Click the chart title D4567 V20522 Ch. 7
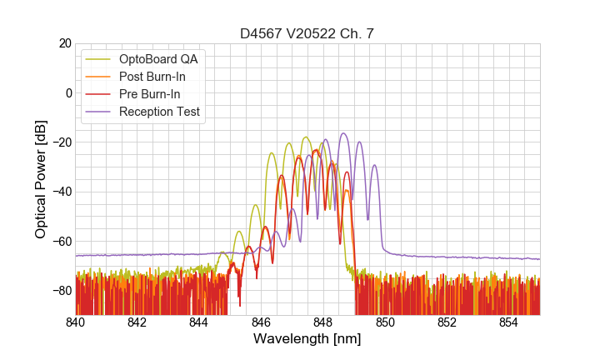tap(307, 33)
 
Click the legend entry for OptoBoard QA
tap(158, 59)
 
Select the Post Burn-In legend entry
tap(152, 77)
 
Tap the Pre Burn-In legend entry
tap(150, 94)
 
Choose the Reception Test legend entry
tap(159, 112)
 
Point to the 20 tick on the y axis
tap(62, 43)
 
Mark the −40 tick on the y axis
tap(59, 192)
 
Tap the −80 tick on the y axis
tap(59, 291)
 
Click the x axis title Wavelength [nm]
tap(307, 340)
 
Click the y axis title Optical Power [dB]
tap(41, 179)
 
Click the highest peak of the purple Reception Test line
tap(342, 133)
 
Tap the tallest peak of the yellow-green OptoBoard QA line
tap(306, 137)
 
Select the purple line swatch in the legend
tap(99, 112)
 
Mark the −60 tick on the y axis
tap(59, 242)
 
